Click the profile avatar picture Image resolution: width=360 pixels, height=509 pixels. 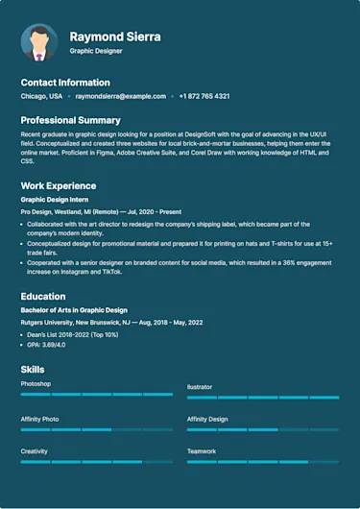pos(38,42)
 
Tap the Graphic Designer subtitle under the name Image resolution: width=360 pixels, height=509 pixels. pos(97,51)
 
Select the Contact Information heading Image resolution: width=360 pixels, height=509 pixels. pos(65,83)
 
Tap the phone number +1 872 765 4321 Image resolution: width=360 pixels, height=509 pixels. pos(204,96)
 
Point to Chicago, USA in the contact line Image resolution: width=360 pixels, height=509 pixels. pos(41,96)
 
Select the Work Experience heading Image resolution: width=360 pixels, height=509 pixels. pos(59,185)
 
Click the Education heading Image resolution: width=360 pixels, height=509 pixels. pos(43,297)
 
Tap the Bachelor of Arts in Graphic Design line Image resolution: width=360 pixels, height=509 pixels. pos(74,310)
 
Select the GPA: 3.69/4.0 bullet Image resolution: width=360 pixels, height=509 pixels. pos(46,343)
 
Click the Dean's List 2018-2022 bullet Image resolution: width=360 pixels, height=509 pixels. pos(70,333)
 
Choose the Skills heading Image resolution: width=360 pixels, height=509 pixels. pos(32,370)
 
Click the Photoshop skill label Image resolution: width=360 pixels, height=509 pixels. pos(36,384)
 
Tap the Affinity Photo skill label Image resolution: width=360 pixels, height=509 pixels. pos(40,419)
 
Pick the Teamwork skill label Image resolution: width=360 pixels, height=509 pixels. pos(202,450)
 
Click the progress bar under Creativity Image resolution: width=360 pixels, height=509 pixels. pos(97,462)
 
